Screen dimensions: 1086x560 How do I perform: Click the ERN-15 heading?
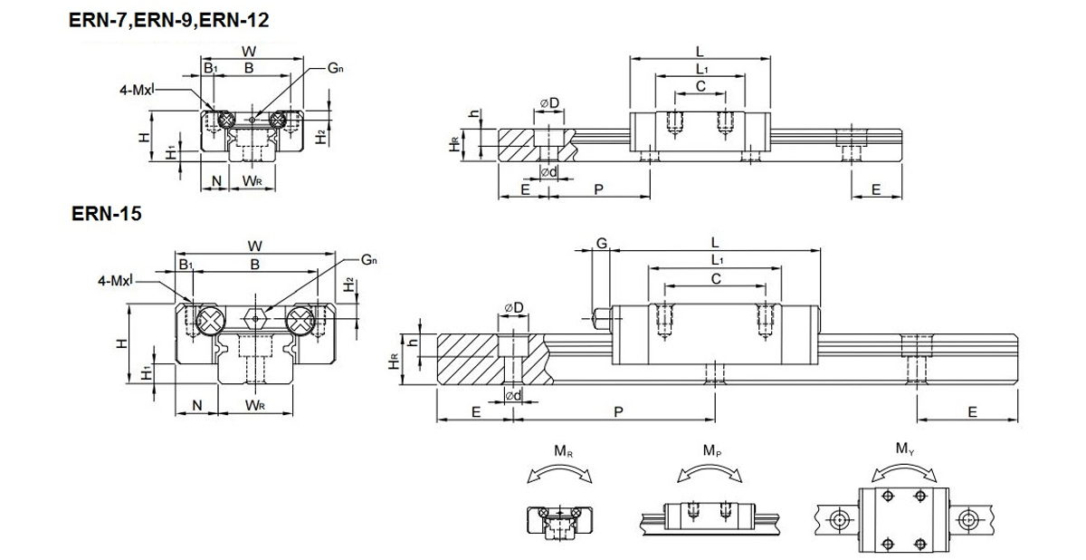106,214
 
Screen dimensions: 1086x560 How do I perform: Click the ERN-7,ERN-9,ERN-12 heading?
168,20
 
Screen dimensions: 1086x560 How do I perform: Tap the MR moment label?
563,452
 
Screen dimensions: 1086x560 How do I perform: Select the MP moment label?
712,451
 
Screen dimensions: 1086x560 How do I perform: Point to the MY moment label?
905,449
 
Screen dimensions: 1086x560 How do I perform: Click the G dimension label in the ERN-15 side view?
601,243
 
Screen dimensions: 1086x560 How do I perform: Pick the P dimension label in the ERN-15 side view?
618,412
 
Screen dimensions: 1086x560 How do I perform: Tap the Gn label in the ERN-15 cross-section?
369,261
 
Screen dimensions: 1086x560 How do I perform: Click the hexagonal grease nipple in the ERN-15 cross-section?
255,319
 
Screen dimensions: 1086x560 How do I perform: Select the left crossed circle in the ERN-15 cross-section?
211,320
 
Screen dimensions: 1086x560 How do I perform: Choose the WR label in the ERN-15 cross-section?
254,405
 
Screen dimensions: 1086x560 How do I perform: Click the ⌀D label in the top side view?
549,103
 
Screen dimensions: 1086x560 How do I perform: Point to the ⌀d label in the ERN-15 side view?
513,396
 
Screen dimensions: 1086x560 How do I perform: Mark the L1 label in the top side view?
702,69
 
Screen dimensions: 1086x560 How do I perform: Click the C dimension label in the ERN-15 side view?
716,279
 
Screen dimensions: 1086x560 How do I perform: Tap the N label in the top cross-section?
216,181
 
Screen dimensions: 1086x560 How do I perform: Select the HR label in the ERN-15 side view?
394,360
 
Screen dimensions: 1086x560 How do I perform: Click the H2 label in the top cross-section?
320,137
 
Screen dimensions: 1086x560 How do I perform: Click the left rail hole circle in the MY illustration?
838,520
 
